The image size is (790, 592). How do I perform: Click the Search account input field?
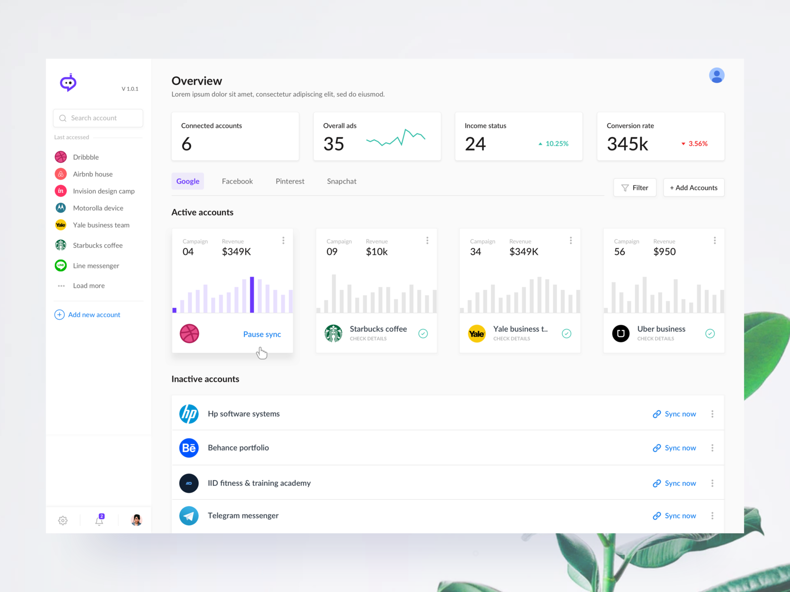pyautogui.click(x=98, y=118)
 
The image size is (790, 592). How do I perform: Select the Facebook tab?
pyautogui.click(x=237, y=182)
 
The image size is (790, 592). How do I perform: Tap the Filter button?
pyautogui.click(x=634, y=188)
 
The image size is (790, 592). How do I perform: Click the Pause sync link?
pyautogui.click(x=262, y=334)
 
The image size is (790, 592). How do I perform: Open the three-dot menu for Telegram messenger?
pyautogui.click(x=712, y=516)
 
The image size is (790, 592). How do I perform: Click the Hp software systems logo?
pyautogui.click(x=189, y=414)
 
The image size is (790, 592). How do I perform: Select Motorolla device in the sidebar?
pyautogui.click(x=98, y=208)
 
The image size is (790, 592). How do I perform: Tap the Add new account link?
pyautogui.click(x=94, y=315)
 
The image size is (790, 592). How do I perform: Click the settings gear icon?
pyautogui.click(x=63, y=520)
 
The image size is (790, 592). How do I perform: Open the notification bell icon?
pyautogui.click(x=99, y=520)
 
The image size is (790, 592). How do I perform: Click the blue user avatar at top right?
pyautogui.click(x=716, y=75)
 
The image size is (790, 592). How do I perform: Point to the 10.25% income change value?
pyautogui.click(x=556, y=144)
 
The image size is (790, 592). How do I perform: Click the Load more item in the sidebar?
pyautogui.click(x=88, y=286)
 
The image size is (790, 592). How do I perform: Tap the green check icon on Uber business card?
pyautogui.click(x=710, y=333)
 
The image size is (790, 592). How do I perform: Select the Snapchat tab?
pyautogui.click(x=341, y=182)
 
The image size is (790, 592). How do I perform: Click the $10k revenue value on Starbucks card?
pyautogui.click(x=377, y=252)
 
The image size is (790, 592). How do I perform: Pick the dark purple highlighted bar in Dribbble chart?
pyautogui.click(x=252, y=295)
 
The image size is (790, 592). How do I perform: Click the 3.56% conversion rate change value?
pyautogui.click(x=698, y=144)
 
